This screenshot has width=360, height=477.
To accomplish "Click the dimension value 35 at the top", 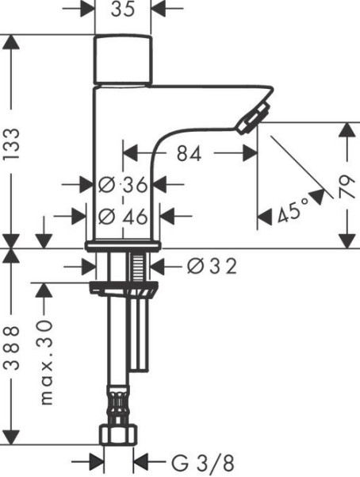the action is point(123,10).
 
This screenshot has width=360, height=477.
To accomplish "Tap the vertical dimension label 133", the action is point(12,144).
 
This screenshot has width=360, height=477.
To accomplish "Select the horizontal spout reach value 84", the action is point(190,154).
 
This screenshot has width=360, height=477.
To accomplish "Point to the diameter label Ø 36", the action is point(123,185).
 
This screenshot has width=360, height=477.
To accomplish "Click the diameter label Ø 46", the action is point(123,217).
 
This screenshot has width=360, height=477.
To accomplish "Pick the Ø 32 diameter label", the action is point(212,266).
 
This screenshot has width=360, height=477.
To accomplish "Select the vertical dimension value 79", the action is point(347,187).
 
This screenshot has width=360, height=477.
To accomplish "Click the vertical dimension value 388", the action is point(12,348).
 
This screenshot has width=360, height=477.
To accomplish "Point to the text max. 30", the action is point(46,362).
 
